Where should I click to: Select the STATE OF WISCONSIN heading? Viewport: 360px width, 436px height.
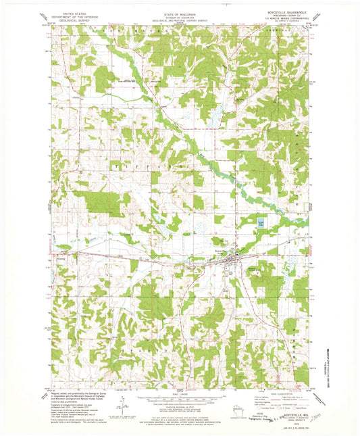click(179, 12)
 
